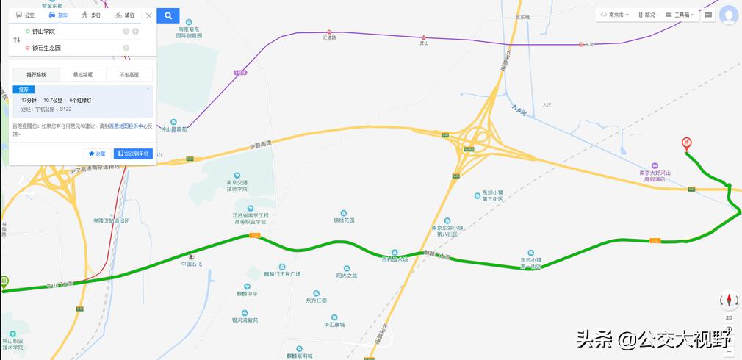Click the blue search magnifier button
click(168, 15)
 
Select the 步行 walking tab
click(91, 15)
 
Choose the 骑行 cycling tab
click(124, 15)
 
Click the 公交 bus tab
click(25, 15)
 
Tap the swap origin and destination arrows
click(16, 40)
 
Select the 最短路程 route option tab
click(82, 74)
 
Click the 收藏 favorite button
click(97, 154)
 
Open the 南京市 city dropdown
click(614, 15)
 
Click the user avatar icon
click(729, 15)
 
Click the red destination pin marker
click(686, 143)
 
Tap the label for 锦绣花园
click(344, 220)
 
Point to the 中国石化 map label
click(191, 263)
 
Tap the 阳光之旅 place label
click(347, 276)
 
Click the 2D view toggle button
click(729, 317)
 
